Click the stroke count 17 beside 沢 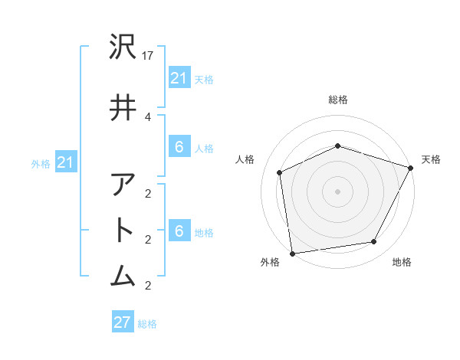[149, 55]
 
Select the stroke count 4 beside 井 [148, 116]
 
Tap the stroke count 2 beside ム [148, 286]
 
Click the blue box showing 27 [123, 322]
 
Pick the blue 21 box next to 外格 [66, 162]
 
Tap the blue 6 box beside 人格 [179, 147]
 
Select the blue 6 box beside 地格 [179, 231]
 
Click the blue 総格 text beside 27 [147, 323]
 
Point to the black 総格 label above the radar [337, 100]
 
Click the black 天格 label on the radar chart [432, 159]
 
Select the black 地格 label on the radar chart [402, 263]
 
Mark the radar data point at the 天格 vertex [411, 168]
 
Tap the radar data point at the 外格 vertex [292, 253]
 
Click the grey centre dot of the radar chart [337, 191]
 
